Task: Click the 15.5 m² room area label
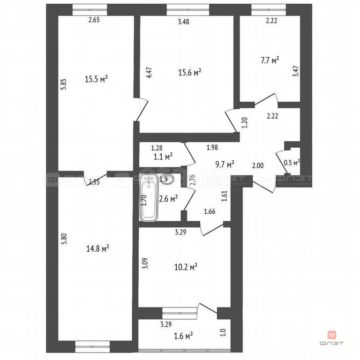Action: tap(96, 80)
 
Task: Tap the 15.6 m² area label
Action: tap(190, 72)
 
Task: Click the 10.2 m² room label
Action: tap(185, 267)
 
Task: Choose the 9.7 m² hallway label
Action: tap(224, 165)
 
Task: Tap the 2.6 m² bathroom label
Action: tap(167, 199)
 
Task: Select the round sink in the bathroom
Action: tap(166, 179)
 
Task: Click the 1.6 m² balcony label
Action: tap(183, 336)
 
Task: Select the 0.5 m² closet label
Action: tap(292, 163)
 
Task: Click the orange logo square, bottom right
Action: tap(331, 335)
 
